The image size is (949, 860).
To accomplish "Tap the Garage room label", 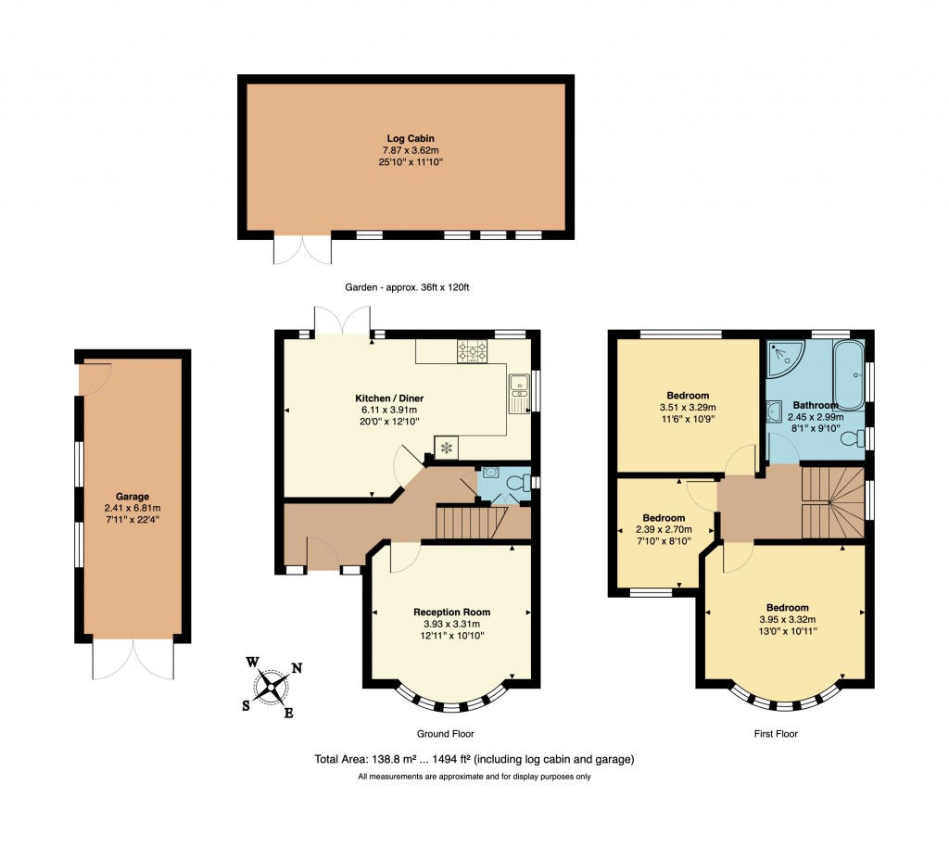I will click(x=133, y=496).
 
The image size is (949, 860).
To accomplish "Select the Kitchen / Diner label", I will click(x=393, y=398).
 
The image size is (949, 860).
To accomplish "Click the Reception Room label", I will click(x=451, y=612).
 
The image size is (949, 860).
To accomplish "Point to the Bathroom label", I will click(x=815, y=405).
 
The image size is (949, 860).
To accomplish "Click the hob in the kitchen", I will click(x=472, y=350).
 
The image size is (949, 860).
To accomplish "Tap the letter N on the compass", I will click(x=297, y=667).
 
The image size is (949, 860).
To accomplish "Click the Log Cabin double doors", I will click(x=302, y=250).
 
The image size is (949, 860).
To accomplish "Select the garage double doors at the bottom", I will click(x=133, y=660).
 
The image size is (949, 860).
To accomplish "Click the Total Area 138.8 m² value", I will click(x=393, y=759).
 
